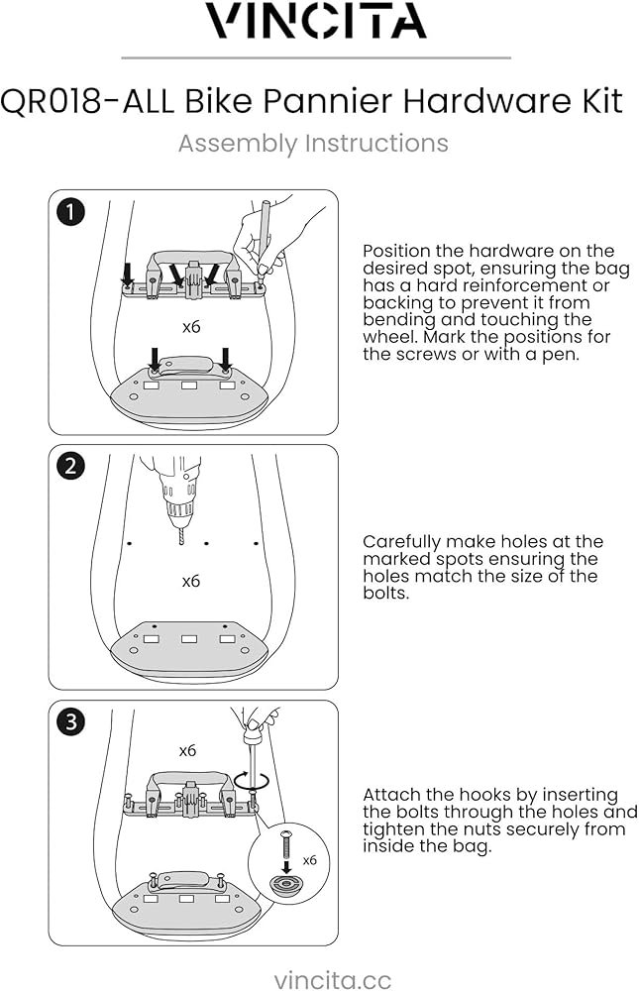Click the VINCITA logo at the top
coord(318,21)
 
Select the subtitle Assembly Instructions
coord(313,144)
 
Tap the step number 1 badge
coord(70,211)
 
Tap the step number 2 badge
coord(70,466)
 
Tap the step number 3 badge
coord(70,722)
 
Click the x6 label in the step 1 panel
coord(191,326)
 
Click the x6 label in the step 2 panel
coord(191,581)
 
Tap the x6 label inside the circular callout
coord(310,860)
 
